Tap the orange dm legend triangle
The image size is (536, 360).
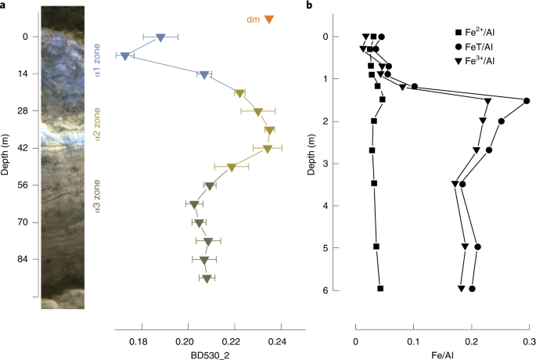click(269, 20)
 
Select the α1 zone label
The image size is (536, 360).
click(98, 59)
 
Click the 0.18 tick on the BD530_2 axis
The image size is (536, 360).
click(138, 341)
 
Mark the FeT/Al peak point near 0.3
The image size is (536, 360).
click(527, 100)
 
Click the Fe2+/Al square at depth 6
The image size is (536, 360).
click(380, 289)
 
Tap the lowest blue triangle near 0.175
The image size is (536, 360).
click(124, 56)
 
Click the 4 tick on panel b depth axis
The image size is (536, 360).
click(336, 205)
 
